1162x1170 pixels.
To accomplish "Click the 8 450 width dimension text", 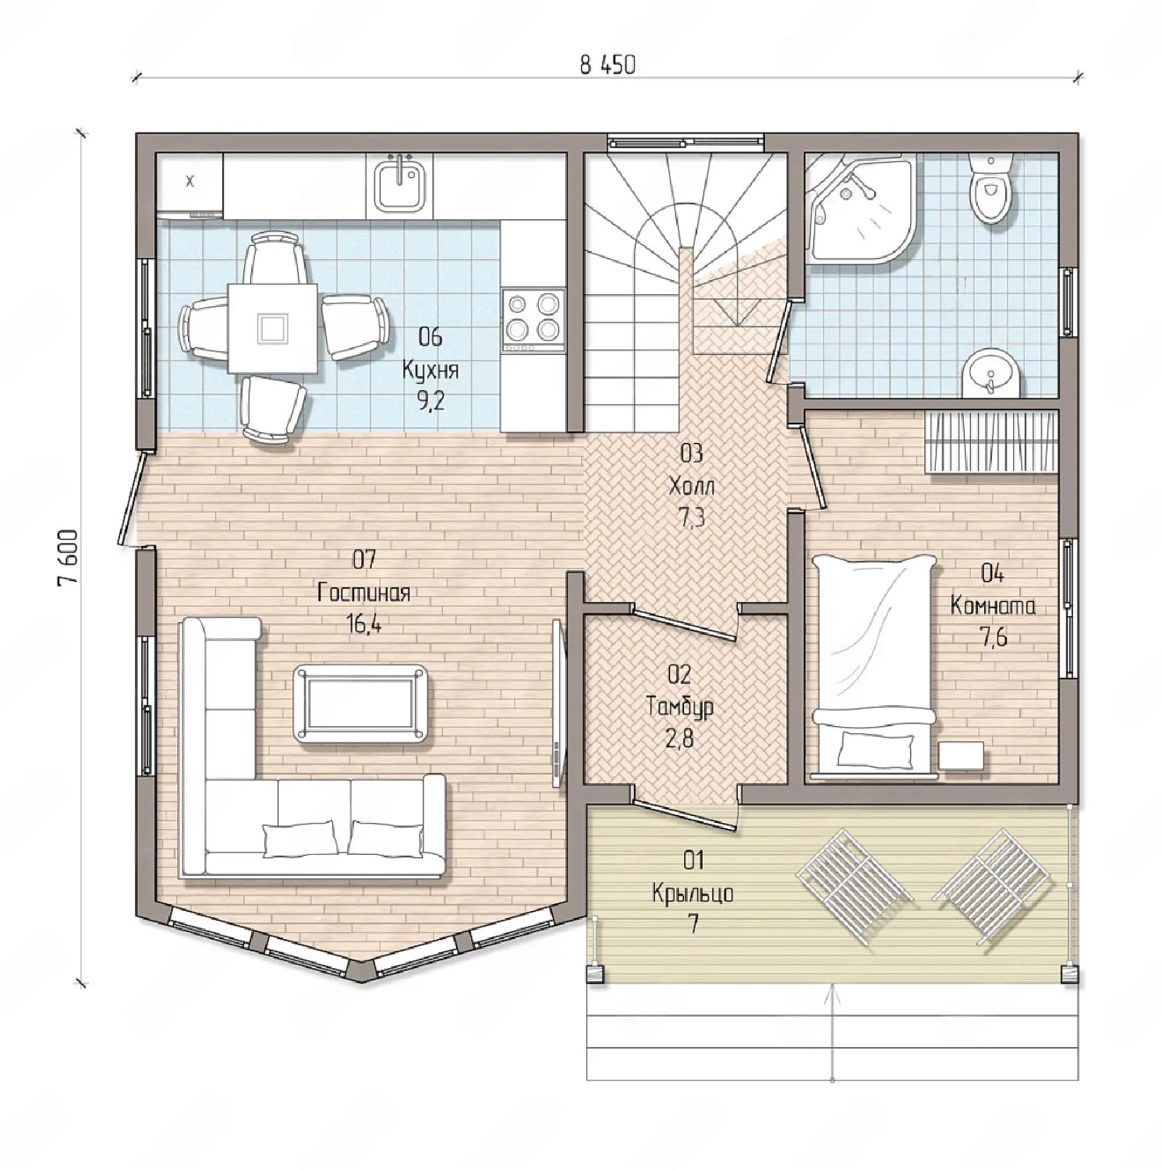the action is [x=608, y=66].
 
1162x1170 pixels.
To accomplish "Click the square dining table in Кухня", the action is [x=272, y=328].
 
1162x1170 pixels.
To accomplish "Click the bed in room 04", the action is [x=873, y=667].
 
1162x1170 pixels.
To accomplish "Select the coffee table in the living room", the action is [x=360, y=703].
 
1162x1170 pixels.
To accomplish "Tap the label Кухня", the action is [x=430, y=369].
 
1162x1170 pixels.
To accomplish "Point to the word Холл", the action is [x=692, y=486].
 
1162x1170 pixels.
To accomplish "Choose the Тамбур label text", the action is [x=680, y=707].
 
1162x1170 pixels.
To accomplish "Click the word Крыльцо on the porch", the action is [x=693, y=892].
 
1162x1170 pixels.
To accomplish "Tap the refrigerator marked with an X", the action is [x=190, y=184].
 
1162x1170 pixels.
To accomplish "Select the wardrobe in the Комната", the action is [x=990, y=442].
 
